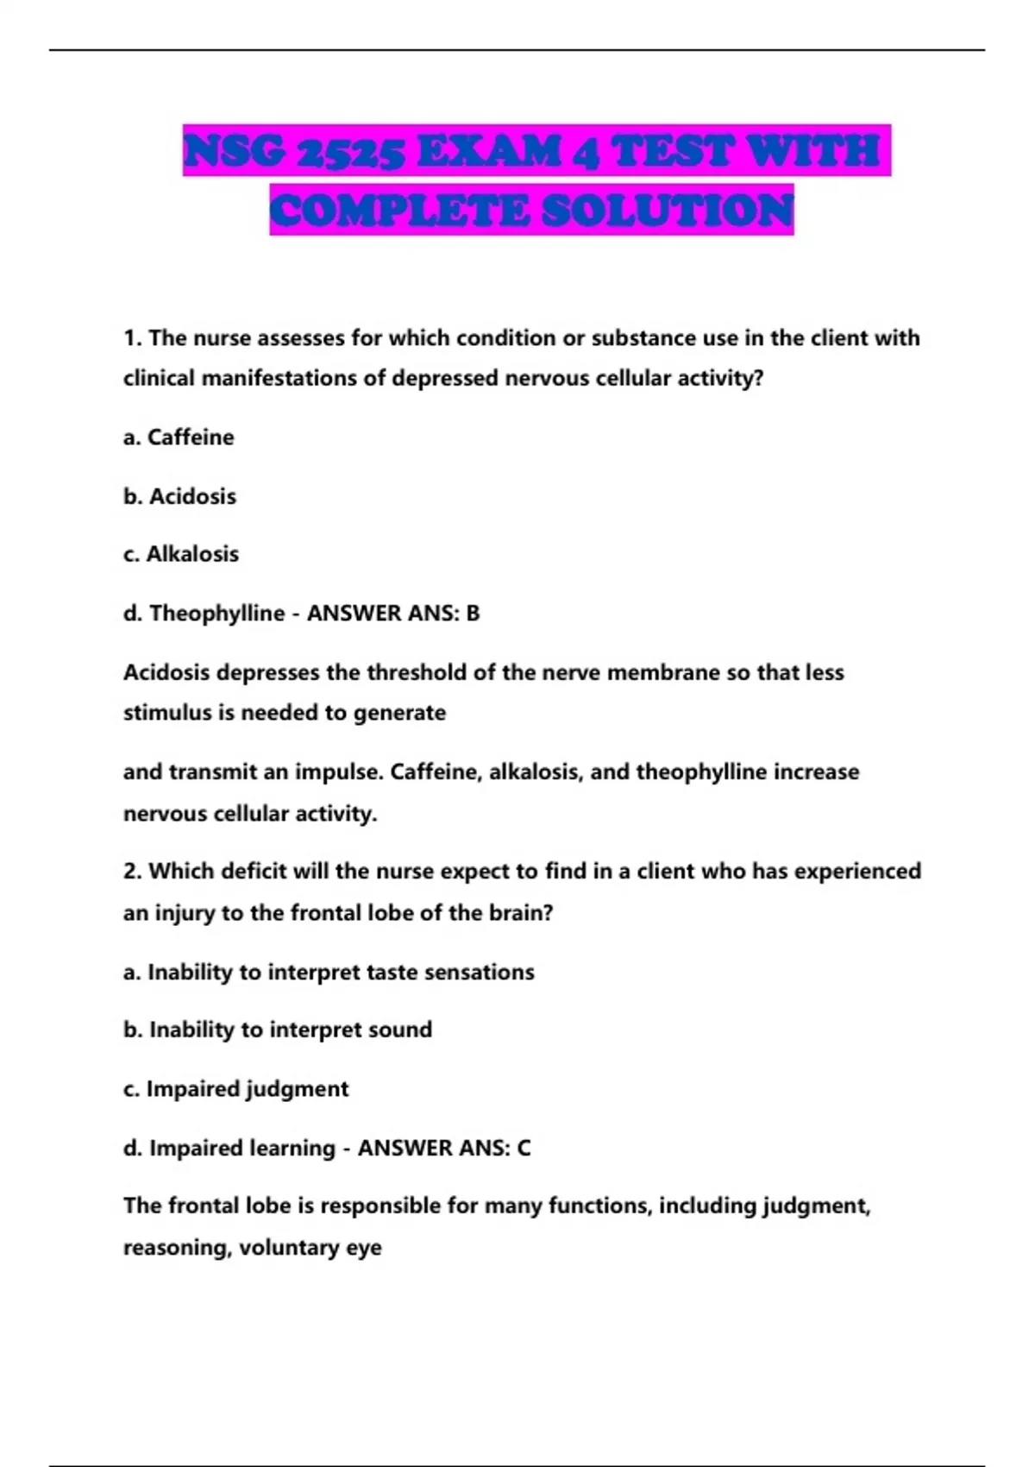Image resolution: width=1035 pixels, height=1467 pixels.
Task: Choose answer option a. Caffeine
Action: (179, 438)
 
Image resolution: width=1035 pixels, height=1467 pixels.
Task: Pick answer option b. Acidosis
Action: (180, 496)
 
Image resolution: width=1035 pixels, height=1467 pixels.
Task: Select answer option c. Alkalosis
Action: (181, 554)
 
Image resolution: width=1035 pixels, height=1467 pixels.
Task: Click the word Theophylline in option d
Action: (217, 614)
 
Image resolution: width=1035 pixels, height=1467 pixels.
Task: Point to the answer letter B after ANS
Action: (473, 614)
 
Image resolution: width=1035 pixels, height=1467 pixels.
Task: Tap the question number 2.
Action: (132, 872)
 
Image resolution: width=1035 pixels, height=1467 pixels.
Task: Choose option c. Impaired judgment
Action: (236, 1089)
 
